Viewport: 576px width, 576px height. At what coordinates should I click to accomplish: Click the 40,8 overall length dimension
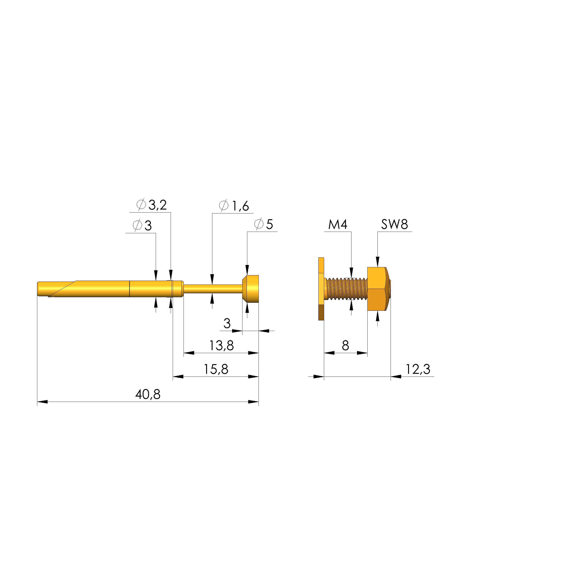click(148, 395)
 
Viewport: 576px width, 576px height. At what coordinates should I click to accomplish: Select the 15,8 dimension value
click(216, 369)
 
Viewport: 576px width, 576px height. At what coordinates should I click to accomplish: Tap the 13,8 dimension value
click(221, 346)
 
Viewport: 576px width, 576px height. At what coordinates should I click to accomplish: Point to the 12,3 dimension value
click(418, 369)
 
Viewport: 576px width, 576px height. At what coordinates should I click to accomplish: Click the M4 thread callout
click(338, 224)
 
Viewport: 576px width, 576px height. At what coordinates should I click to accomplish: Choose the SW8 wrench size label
click(395, 224)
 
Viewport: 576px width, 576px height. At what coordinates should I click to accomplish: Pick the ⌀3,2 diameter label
click(151, 205)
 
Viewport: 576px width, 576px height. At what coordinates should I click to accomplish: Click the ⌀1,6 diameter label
click(234, 206)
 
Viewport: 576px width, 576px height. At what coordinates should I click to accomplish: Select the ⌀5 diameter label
click(264, 224)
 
